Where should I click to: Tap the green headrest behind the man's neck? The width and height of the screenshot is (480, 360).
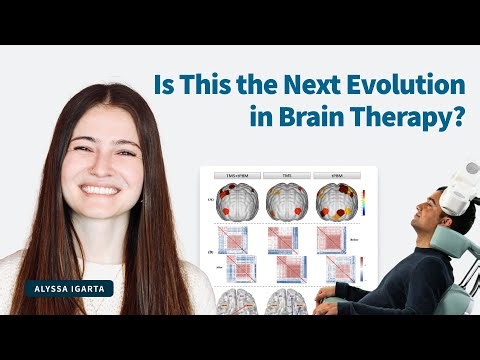point(447,245)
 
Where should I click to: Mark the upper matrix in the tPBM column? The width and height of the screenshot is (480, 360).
point(334,238)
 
